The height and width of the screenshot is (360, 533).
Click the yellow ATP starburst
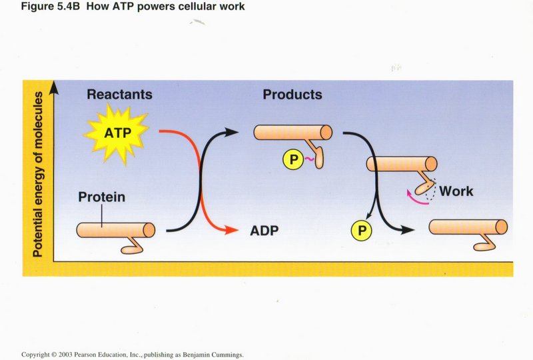pos(117,134)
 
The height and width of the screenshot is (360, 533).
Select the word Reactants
pos(119,95)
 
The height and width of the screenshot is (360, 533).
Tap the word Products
pos(292,95)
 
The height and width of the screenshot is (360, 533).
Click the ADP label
pos(264,231)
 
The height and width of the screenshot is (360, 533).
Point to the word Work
pos(456,191)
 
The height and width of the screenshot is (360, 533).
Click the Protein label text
pos(101,197)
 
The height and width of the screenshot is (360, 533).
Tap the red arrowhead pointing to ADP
pos(231,231)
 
